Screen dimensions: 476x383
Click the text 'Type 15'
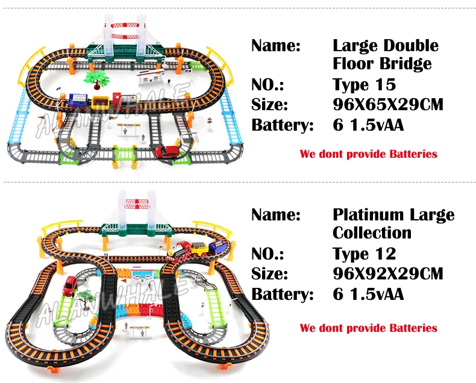[x=364, y=84]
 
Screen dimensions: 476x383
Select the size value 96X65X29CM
[x=388, y=104]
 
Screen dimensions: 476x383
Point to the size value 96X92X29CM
[x=388, y=273]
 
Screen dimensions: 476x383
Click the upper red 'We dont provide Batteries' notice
[x=368, y=154]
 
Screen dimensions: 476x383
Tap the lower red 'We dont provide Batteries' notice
[x=368, y=328]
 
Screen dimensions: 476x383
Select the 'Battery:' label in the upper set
[x=282, y=125]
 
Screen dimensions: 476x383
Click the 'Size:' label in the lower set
[x=269, y=273]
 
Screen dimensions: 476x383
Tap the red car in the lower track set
[x=70, y=286]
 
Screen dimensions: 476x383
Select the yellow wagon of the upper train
[x=100, y=102]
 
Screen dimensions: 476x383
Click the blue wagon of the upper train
[x=78, y=100]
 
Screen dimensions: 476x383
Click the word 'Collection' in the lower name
[x=372, y=233]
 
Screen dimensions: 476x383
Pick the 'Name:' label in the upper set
[x=275, y=46]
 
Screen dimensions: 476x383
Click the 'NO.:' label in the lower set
[x=268, y=254]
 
